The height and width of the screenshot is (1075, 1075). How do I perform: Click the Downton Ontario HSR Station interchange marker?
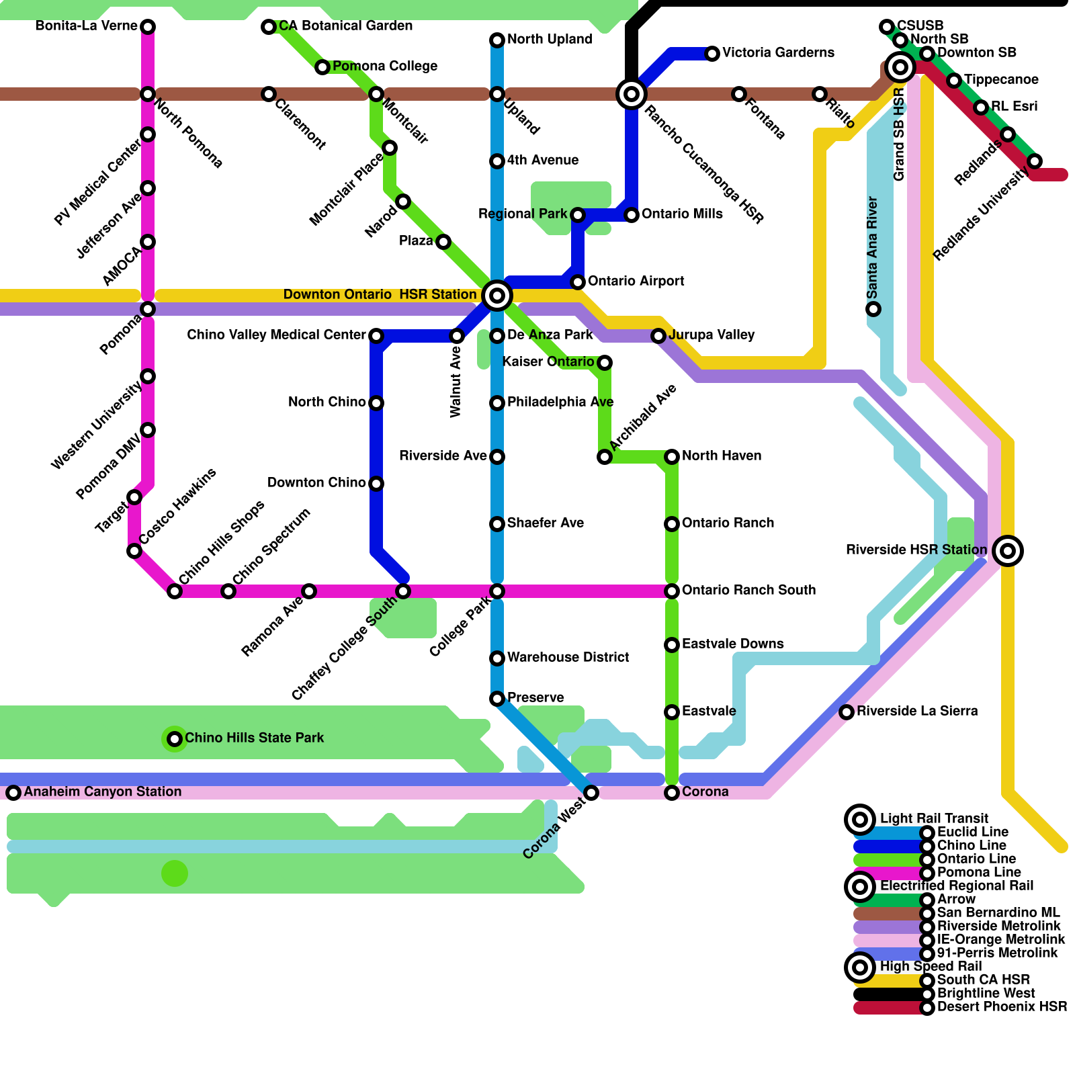click(497, 295)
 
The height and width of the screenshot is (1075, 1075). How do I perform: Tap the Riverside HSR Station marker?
click(1008, 551)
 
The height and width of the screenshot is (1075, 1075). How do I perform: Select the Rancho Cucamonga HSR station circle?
click(632, 94)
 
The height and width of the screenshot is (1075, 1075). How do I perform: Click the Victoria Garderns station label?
click(778, 52)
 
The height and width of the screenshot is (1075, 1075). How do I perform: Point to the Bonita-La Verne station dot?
click(148, 27)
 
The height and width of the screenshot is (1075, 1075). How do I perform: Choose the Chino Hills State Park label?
click(254, 738)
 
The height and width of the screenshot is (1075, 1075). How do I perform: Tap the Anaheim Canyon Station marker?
click(13, 793)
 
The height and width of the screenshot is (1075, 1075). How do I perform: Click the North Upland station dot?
click(497, 40)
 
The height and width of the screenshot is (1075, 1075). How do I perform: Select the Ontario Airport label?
click(636, 281)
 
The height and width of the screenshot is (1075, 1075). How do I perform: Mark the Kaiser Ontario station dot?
click(605, 363)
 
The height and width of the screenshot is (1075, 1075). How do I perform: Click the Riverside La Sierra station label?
click(917, 711)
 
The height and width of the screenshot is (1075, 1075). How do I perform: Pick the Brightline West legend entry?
click(986, 993)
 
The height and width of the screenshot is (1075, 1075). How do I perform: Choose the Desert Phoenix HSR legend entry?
click(1002, 1006)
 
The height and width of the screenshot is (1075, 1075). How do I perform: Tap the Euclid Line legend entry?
click(973, 832)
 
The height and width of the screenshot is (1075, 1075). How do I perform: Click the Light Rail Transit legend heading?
click(934, 818)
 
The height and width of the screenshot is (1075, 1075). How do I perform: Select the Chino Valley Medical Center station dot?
click(376, 336)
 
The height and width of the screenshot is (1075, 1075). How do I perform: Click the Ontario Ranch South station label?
click(748, 590)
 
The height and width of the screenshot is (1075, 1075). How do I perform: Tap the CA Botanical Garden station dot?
click(269, 27)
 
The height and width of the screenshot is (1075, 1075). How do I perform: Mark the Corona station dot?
click(672, 793)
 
